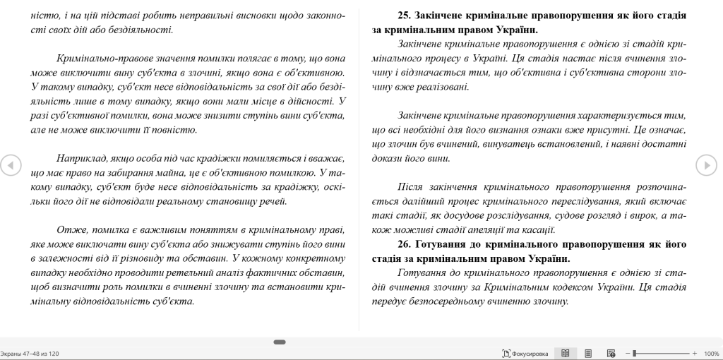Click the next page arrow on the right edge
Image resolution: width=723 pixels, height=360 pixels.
(x=706, y=164)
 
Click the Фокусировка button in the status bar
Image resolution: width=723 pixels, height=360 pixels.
(x=525, y=353)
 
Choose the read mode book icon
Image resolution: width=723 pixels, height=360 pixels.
(x=565, y=353)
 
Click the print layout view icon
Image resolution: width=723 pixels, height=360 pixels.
(x=588, y=353)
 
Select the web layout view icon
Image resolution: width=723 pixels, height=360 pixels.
(x=611, y=353)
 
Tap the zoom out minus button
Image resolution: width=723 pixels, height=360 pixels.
(x=628, y=353)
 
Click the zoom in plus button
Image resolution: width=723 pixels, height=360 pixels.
(x=695, y=353)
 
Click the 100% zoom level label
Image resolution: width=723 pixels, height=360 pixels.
(x=711, y=353)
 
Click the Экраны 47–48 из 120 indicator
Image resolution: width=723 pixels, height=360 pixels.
(x=30, y=353)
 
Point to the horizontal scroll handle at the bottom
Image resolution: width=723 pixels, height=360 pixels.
(x=280, y=342)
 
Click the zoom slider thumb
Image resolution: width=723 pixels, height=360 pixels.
(x=635, y=353)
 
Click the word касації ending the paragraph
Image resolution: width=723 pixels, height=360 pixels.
(x=538, y=229)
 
